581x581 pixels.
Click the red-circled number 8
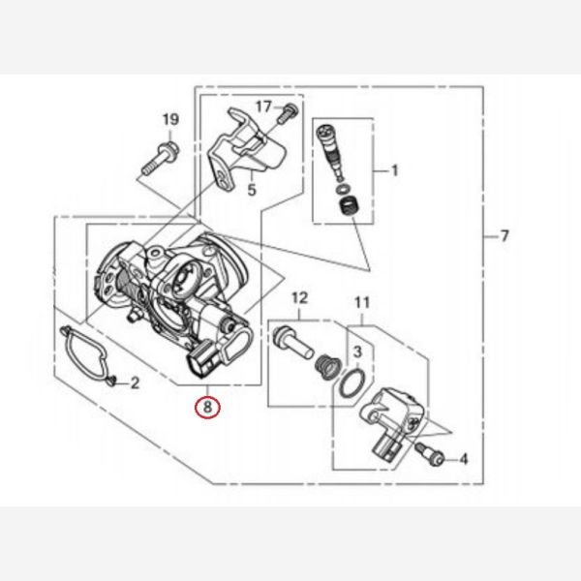(x=207, y=408)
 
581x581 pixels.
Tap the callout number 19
(x=170, y=120)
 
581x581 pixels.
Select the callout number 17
(x=263, y=107)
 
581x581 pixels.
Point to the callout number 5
(x=252, y=190)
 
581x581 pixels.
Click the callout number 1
(x=395, y=170)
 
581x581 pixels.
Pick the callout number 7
(x=505, y=235)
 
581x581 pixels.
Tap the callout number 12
(x=300, y=297)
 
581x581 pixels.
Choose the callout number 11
(x=362, y=303)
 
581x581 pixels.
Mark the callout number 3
(x=357, y=352)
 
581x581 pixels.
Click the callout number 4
(x=464, y=459)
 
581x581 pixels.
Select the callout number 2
(x=135, y=382)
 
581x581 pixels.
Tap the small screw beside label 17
(x=288, y=113)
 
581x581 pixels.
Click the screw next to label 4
(x=429, y=454)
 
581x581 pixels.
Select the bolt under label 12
(x=293, y=342)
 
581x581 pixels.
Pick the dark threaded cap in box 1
(x=350, y=207)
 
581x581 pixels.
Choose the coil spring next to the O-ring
(x=326, y=367)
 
